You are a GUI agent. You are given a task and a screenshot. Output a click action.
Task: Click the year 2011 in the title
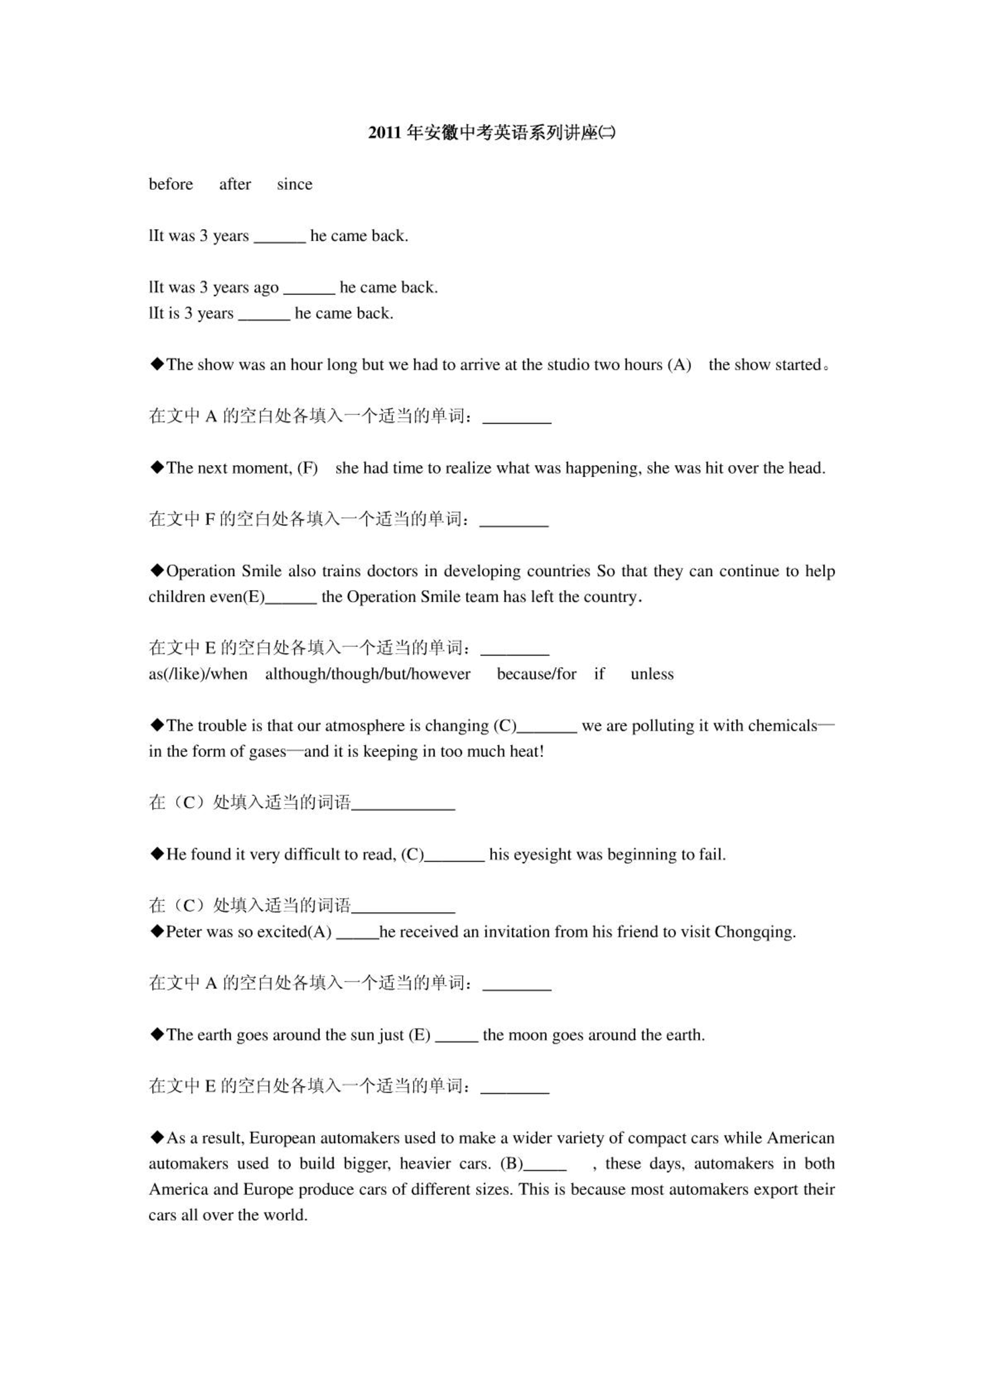(x=385, y=133)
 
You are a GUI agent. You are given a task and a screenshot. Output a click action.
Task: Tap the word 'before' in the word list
(x=171, y=184)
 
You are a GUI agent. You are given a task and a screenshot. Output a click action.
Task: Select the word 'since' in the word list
(x=294, y=184)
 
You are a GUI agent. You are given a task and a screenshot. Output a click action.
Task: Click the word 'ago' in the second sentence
(x=266, y=288)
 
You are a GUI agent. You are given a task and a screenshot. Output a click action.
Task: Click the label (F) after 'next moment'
(x=307, y=468)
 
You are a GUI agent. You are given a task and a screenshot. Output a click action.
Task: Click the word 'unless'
(x=652, y=674)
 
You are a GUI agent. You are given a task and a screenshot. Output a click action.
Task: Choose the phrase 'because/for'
(x=536, y=674)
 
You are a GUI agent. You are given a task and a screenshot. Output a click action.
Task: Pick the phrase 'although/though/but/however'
(x=368, y=674)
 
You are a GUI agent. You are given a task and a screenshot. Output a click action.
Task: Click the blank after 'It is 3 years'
(x=264, y=314)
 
